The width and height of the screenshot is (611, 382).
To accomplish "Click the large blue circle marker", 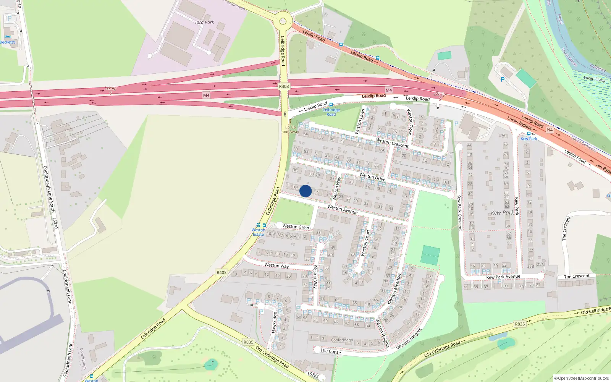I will click(x=305, y=191).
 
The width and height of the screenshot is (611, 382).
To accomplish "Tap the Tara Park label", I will click(x=204, y=22).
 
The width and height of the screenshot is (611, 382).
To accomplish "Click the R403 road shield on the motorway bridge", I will click(x=284, y=86).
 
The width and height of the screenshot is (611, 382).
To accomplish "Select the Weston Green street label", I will click(x=296, y=227).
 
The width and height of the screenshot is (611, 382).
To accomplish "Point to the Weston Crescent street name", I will click(x=392, y=143).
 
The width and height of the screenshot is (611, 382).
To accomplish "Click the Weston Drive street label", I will click(x=372, y=176).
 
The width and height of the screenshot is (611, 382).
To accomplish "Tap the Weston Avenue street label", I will click(x=343, y=209).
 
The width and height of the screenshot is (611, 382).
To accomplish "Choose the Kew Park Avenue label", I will click(x=503, y=277).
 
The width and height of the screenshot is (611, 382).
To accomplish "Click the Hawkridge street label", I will click(x=274, y=322).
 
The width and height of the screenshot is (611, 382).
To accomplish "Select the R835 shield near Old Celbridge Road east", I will click(x=520, y=324).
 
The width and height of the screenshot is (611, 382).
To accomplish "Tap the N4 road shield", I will click(x=550, y=130).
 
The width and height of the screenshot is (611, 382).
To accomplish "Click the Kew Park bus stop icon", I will click(x=529, y=134).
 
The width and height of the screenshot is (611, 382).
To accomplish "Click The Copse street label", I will click(x=330, y=351).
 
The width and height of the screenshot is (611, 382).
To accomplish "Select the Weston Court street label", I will click(x=365, y=243).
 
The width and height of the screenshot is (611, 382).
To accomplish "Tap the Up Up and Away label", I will click(x=290, y=129).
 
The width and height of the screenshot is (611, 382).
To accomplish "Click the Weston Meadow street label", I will click(x=394, y=289).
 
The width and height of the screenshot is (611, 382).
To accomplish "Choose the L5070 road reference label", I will click(x=55, y=223).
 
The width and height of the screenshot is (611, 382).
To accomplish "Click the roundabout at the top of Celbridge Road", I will click(x=283, y=21).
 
